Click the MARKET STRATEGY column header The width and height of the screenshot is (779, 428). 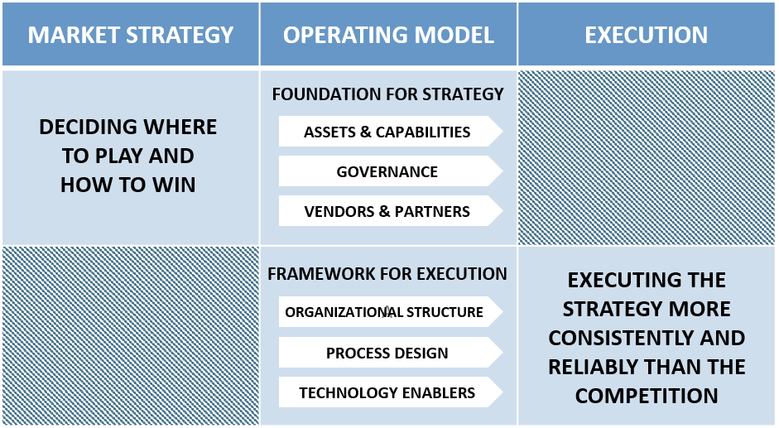pyautogui.click(x=130, y=35)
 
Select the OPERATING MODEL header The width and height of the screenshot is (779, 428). pyautogui.click(x=388, y=35)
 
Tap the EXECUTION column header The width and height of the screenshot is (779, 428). pyautogui.click(x=646, y=35)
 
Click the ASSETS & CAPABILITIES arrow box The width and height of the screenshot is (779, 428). pyautogui.click(x=387, y=132)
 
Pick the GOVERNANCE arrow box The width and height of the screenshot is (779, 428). pyautogui.click(x=387, y=172)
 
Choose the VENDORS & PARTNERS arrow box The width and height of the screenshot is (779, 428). pyautogui.click(x=387, y=211)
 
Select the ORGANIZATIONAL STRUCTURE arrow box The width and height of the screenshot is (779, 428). pyautogui.click(x=385, y=312)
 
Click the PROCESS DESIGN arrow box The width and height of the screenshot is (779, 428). pyautogui.click(x=387, y=353)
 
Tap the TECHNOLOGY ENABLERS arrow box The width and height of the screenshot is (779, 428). pyautogui.click(x=387, y=392)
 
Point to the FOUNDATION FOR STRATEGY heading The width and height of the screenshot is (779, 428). pyautogui.click(x=387, y=94)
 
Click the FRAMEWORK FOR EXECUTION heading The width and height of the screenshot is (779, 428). pyautogui.click(x=387, y=274)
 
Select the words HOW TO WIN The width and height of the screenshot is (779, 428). pyautogui.click(x=128, y=184)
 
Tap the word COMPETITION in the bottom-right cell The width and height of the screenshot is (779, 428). pyautogui.click(x=647, y=396)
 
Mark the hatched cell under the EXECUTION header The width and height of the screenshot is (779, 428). pyautogui.click(x=647, y=157)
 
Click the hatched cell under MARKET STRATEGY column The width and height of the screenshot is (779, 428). pyautogui.click(x=130, y=335)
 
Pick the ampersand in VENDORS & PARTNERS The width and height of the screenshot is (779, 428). pyautogui.click(x=383, y=211)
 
